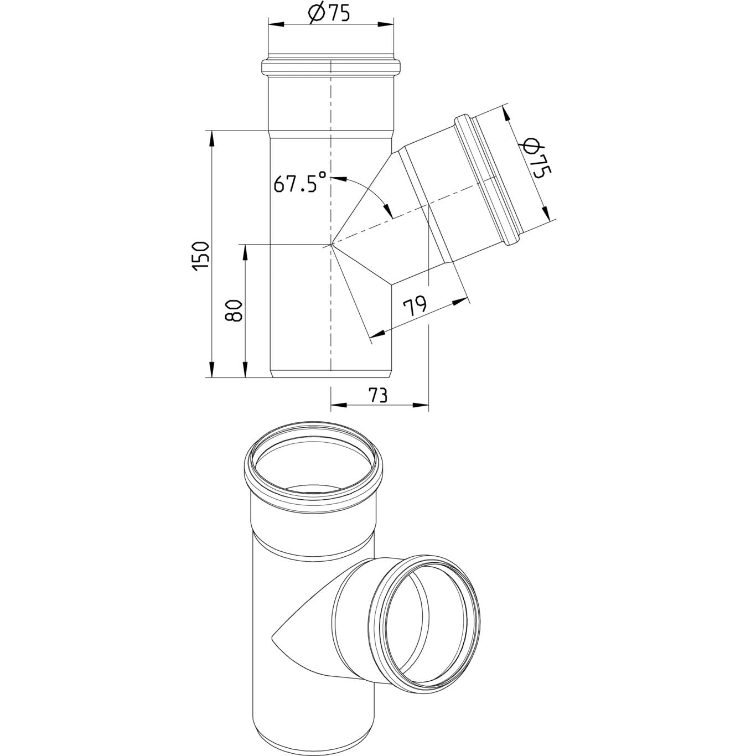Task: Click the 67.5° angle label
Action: point(300,182)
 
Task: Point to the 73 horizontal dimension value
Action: point(377,395)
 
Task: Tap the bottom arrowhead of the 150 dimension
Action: point(212,369)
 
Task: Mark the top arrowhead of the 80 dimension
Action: point(245,253)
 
